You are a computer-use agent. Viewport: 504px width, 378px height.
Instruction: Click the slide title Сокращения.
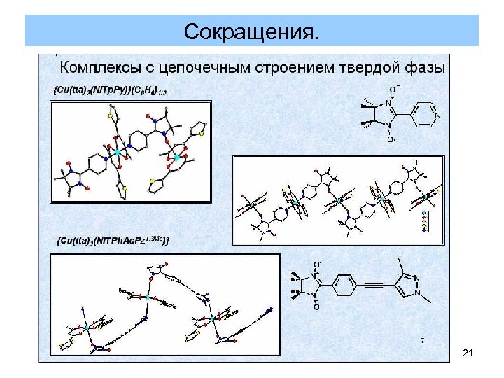tap(252, 31)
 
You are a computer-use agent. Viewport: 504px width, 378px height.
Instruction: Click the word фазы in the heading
tap(424, 69)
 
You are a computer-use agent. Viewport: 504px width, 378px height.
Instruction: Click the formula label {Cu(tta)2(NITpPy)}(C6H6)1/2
tap(111, 90)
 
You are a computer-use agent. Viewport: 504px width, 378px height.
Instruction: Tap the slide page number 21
tap(468, 355)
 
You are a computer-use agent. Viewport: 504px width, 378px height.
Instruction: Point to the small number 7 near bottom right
tap(422, 340)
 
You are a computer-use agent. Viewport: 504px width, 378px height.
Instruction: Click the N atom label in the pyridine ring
tap(439, 114)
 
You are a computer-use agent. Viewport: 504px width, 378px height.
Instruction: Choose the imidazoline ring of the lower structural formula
tap(310, 286)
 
